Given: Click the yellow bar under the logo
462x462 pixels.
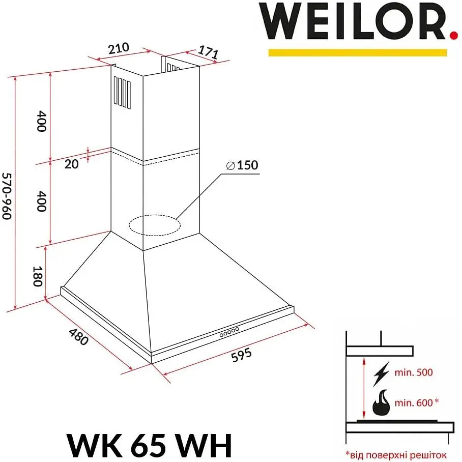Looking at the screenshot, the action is click(x=357, y=52).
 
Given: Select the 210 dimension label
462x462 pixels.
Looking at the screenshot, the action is click(x=119, y=48).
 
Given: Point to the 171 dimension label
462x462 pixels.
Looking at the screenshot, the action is click(x=208, y=52).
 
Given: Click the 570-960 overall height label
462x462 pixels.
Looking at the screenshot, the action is click(x=7, y=196).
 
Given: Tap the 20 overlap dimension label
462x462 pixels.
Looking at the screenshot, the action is click(x=71, y=164).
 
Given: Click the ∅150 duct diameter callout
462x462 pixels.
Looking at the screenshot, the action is click(x=242, y=165).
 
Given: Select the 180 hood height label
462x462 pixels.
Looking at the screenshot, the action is click(x=38, y=276).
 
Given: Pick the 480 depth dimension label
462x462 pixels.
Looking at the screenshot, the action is click(x=78, y=337).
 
